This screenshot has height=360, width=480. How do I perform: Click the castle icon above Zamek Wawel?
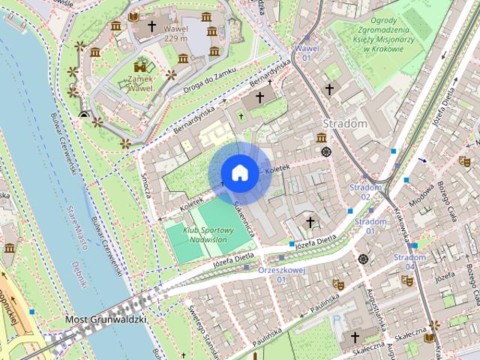pos(139,66)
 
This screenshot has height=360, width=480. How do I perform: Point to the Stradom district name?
pos(344,123)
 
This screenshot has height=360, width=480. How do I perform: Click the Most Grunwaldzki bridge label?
pos(106,319)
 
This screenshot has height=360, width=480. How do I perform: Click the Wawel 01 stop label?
pos(306,52)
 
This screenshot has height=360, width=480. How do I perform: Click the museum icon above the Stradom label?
pos(321,137)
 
